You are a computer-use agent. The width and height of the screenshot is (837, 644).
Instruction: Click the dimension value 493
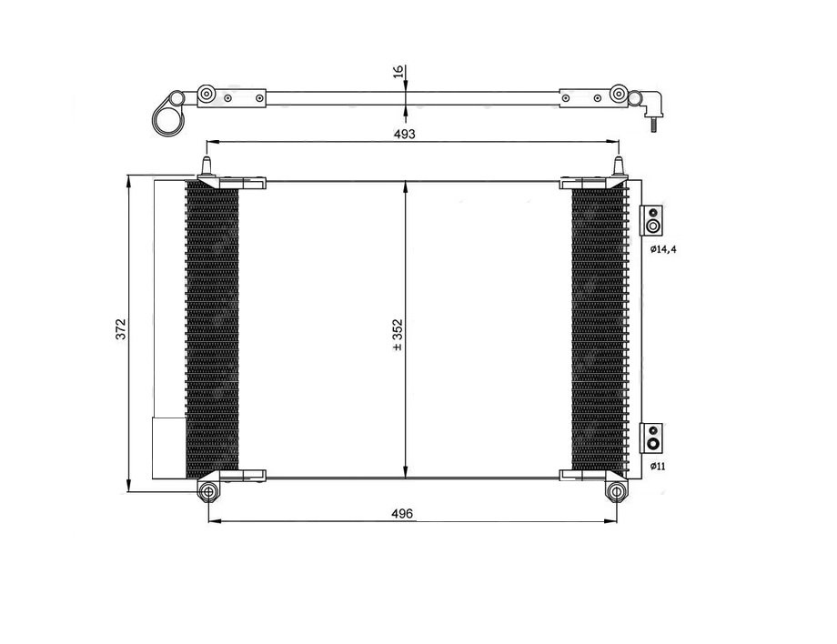tap(404, 134)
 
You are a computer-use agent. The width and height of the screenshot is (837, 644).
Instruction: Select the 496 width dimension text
tap(403, 514)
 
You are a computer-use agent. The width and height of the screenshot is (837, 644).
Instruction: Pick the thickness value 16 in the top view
tap(397, 72)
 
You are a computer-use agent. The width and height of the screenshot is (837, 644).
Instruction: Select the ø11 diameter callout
tap(658, 466)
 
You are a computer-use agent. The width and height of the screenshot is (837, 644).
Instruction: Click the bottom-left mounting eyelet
tap(209, 493)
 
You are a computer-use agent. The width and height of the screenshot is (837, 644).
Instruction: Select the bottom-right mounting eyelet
tap(618, 493)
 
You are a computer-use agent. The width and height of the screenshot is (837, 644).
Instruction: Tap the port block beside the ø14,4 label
tap(652, 220)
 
